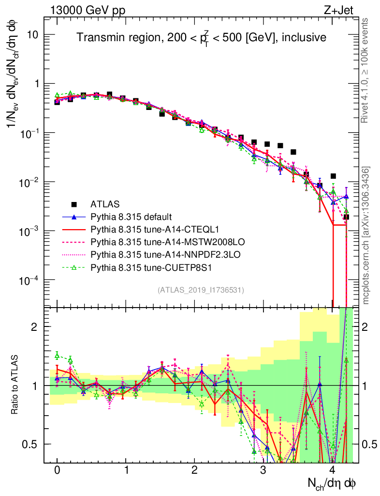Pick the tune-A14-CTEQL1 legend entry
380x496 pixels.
point(150,229)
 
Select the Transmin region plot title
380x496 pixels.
point(202,37)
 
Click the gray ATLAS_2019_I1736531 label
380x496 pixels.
point(201,290)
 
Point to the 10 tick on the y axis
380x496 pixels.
point(33,35)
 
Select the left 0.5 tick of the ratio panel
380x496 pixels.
point(32,444)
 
